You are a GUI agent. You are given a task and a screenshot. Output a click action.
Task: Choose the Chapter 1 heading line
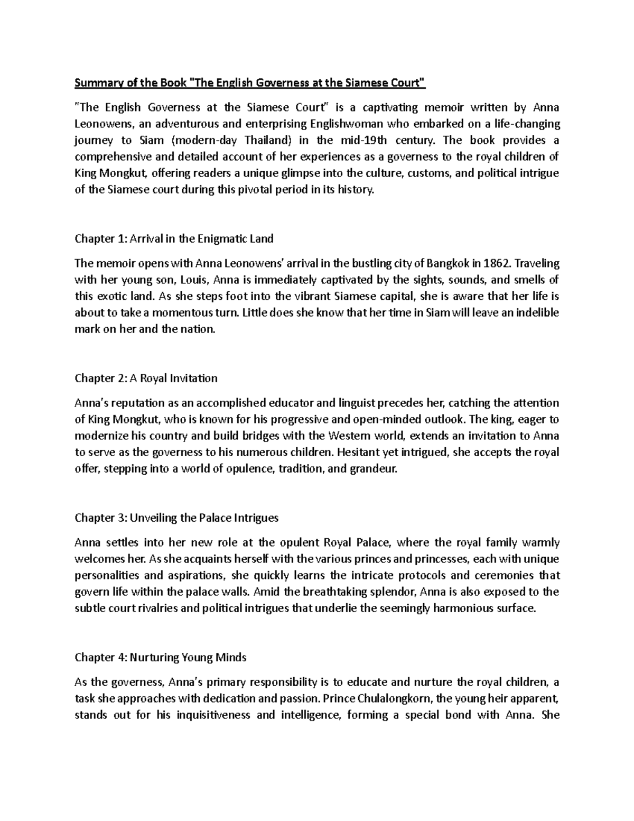[174, 239]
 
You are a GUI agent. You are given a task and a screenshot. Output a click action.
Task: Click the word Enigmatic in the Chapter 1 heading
[224, 239]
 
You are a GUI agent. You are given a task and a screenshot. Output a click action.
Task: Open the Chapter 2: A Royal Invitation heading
[146, 379]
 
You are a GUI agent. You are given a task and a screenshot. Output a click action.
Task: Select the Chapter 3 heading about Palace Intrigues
[176, 518]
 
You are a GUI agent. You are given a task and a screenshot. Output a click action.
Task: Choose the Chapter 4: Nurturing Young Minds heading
[161, 658]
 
